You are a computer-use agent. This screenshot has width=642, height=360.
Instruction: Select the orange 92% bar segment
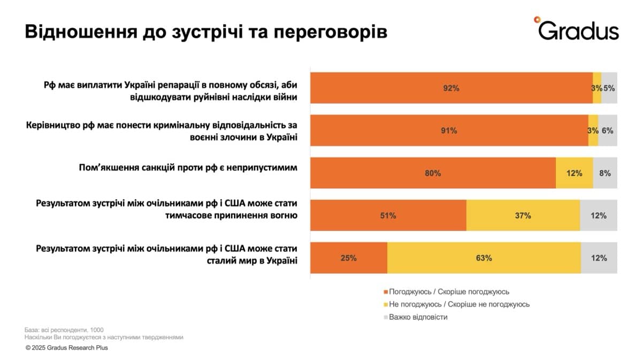pos(451,88)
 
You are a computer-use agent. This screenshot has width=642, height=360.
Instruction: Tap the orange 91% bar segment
pos(449,131)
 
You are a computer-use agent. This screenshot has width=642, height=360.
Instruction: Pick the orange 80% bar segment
pos(433,173)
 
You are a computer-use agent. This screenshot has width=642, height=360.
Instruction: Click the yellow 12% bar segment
pos(574,173)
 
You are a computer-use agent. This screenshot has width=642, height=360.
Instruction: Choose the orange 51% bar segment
pos(388,216)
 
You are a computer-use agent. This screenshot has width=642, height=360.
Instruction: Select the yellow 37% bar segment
pos(523,216)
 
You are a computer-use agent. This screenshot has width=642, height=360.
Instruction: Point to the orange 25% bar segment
pos(348,258)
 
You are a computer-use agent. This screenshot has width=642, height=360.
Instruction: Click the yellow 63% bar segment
pos(484,258)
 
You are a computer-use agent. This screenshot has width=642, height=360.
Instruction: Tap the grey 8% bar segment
pos(605,173)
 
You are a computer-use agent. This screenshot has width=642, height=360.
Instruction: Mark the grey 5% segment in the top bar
pos(609,88)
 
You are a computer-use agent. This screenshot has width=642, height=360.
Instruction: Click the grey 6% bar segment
pos(607,131)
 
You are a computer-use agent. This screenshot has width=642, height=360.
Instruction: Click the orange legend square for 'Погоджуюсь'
pos(385,292)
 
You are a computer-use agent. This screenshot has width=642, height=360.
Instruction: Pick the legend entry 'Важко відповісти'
pos(418,317)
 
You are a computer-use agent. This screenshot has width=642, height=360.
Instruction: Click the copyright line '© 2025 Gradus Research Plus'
pos(66,348)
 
